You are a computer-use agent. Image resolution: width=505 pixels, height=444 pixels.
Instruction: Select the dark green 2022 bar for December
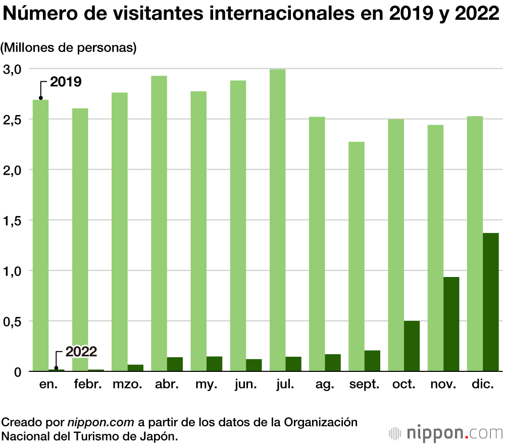[491, 302]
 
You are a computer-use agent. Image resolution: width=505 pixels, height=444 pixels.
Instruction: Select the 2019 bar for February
[80, 240]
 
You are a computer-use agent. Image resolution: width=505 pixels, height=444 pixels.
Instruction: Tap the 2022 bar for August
[333, 363]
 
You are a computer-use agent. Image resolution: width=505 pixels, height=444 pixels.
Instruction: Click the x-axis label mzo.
[127, 385]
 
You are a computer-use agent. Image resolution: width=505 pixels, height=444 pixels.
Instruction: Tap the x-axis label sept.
[364, 385]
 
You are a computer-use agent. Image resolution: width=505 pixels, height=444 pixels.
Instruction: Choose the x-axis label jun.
[246, 385]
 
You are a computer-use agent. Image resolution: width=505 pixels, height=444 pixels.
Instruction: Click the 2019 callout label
[66, 82]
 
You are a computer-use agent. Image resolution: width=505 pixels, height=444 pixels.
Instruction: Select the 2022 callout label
[81, 352]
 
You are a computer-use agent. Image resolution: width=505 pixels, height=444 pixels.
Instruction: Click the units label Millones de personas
[69, 48]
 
